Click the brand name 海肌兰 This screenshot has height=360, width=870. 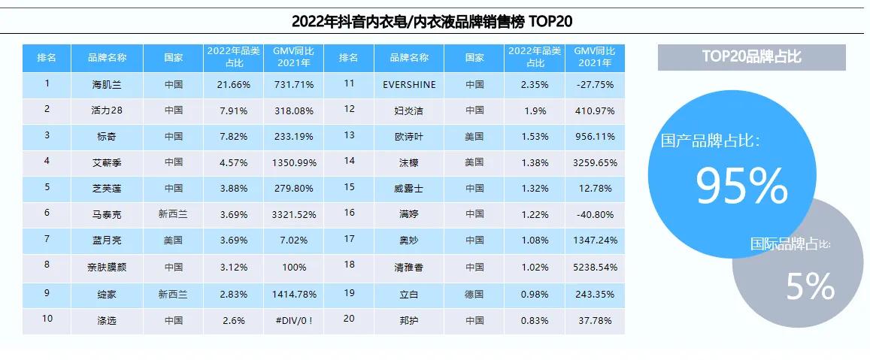pos(106,84)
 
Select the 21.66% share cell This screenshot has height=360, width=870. pos(233,84)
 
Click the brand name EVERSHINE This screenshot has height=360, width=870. pos(409,84)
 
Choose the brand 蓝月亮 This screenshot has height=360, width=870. pos(106,241)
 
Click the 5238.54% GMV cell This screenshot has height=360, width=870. pos(594,267)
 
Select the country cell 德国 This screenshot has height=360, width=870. pos(474,293)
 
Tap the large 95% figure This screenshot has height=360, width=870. pos(741,186)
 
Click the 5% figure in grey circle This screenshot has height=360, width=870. pos(810,286)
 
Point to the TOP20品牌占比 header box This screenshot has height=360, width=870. pos(751,57)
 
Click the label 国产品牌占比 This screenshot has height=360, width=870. pos(710,141)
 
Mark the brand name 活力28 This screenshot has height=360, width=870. pos(106,110)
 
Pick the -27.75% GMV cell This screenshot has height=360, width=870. pos(594,84)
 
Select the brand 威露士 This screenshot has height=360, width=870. pos(409,188)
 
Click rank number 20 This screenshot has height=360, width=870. pos(349,319)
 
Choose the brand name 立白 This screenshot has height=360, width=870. pos(409,293)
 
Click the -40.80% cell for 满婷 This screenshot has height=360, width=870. pos(594,214)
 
